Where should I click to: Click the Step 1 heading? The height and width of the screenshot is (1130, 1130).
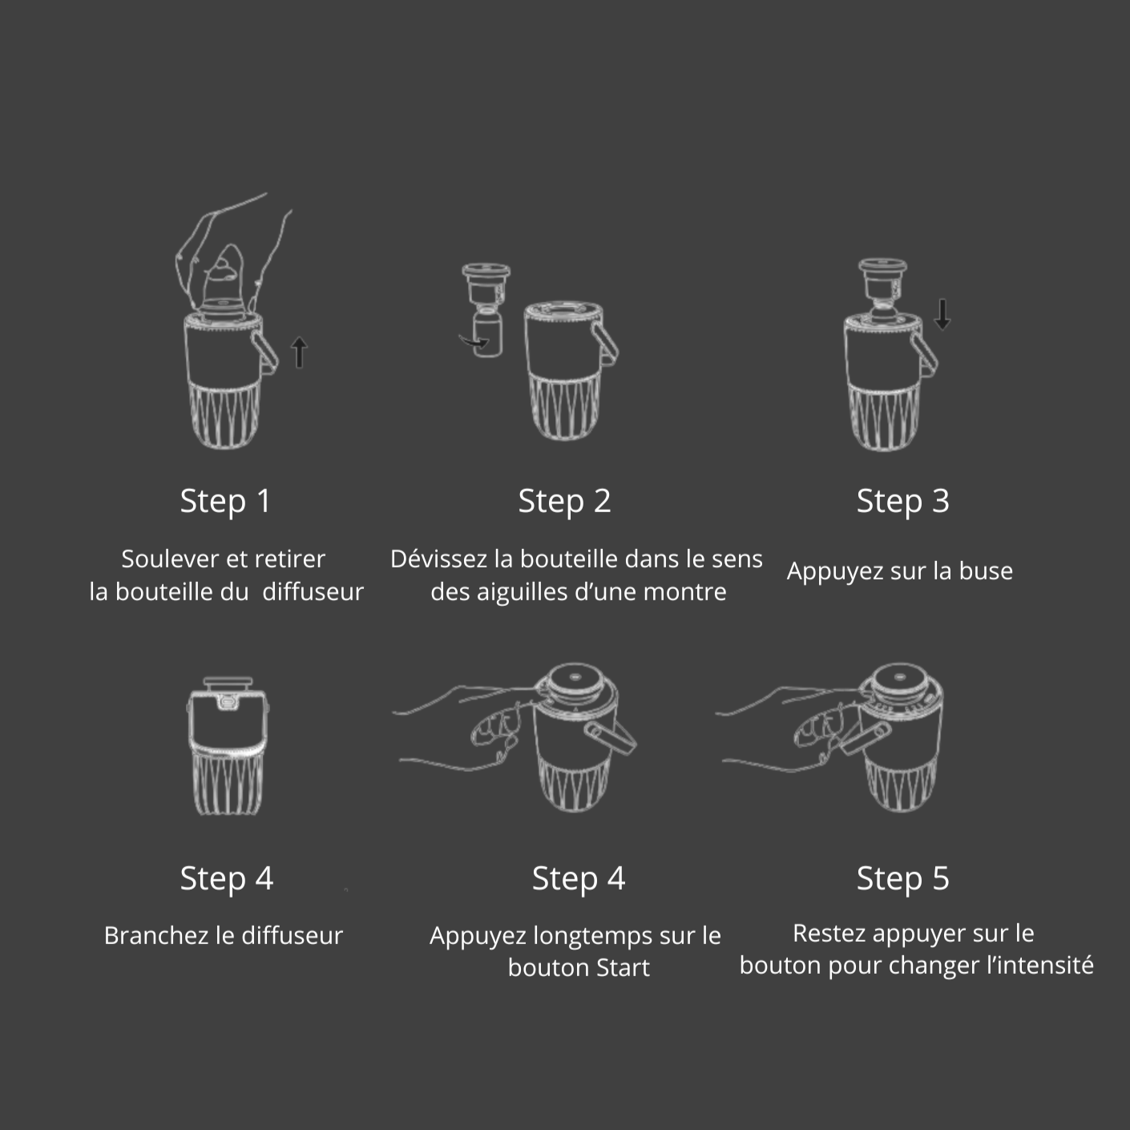click(225, 502)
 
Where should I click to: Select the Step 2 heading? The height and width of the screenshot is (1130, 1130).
click(564, 502)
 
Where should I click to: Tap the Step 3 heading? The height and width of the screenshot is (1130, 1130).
click(902, 502)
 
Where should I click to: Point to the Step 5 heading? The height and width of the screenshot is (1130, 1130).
click(902, 878)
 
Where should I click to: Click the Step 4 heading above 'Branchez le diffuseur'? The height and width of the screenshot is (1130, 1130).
click(226, 878)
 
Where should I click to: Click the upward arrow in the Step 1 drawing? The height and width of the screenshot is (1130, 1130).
click(299, 353)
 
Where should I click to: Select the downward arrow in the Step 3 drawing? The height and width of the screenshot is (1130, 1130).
click(942, 314)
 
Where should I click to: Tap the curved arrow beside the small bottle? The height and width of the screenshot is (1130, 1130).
click(473, 342)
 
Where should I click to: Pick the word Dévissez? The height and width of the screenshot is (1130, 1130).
click(439, 559)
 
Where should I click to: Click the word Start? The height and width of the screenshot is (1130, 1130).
click(623, 968)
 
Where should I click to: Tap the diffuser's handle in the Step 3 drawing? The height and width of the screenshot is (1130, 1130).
click(923, 355)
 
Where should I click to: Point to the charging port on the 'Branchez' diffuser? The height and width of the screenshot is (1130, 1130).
click(228, 701)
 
